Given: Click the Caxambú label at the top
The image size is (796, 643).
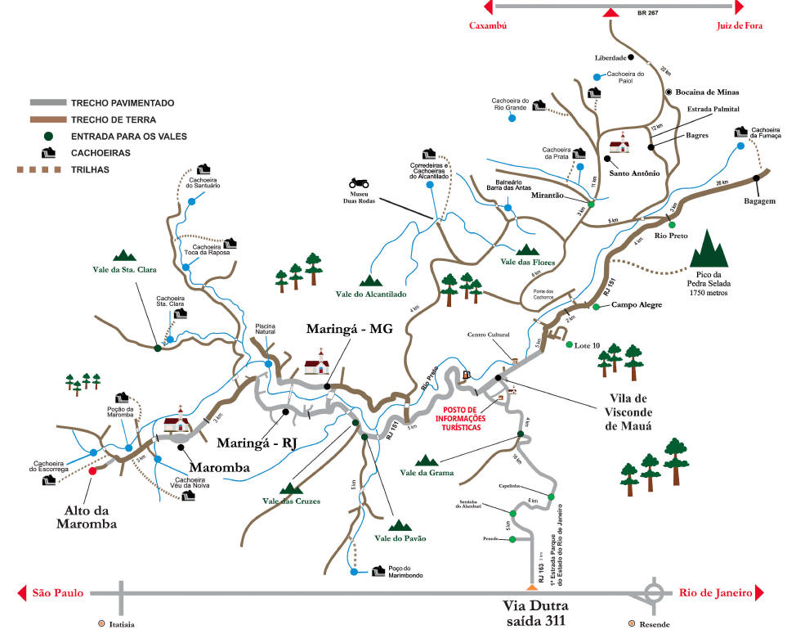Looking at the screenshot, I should [x=488, y=25].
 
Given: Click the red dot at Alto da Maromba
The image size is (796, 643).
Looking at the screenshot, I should [x=92, y=471].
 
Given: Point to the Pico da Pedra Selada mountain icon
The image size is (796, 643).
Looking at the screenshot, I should [x=708, y=245].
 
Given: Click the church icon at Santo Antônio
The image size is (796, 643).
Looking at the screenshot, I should [x=621, y=142].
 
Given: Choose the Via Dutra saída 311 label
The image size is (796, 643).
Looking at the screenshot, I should [x=535, y=614].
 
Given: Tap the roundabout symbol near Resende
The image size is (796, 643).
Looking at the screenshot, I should [x=655, y=592].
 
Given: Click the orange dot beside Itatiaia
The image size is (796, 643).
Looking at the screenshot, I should [x=101, y=624].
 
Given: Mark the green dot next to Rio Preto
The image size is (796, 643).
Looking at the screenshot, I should [x=672, y=224].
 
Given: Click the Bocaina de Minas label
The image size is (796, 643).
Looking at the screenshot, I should [x=708, y=92].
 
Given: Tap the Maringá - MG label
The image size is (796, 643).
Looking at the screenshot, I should [x=349, y=329].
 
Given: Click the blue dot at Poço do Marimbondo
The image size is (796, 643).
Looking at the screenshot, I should [x=354, y=572].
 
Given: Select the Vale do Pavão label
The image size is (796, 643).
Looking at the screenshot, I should [x=400, y=538].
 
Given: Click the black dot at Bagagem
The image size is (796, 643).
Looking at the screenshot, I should [x=757, y=178].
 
